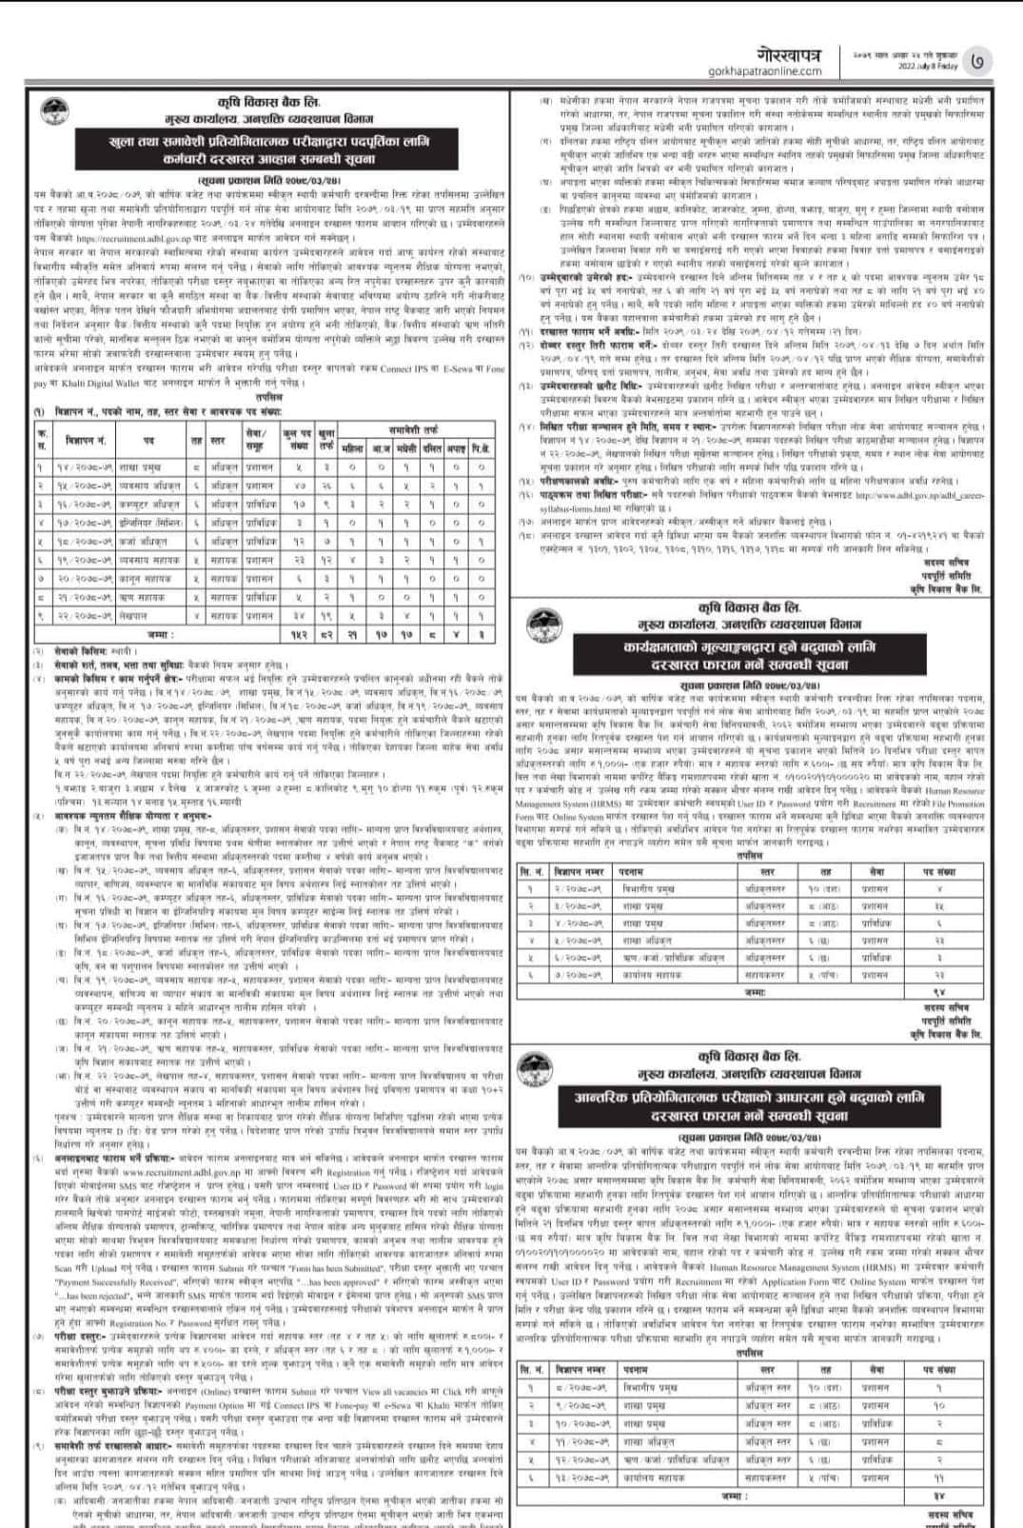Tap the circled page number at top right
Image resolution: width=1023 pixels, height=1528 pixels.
coord(979,63)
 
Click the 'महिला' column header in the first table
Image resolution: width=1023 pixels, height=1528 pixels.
coord(351,448)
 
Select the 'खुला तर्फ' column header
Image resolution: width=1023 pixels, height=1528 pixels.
coord(326,440)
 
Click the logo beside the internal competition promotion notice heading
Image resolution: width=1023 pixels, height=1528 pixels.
coord(540,1067)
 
